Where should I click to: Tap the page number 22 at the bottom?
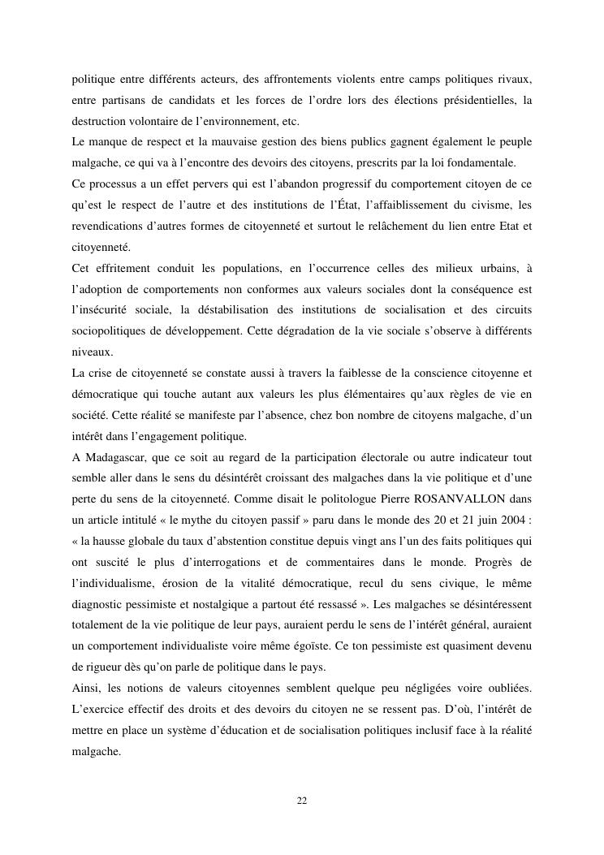tap(301, 801)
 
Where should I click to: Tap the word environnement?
tap(235, 122)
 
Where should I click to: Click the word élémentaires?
tap(373, 395)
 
